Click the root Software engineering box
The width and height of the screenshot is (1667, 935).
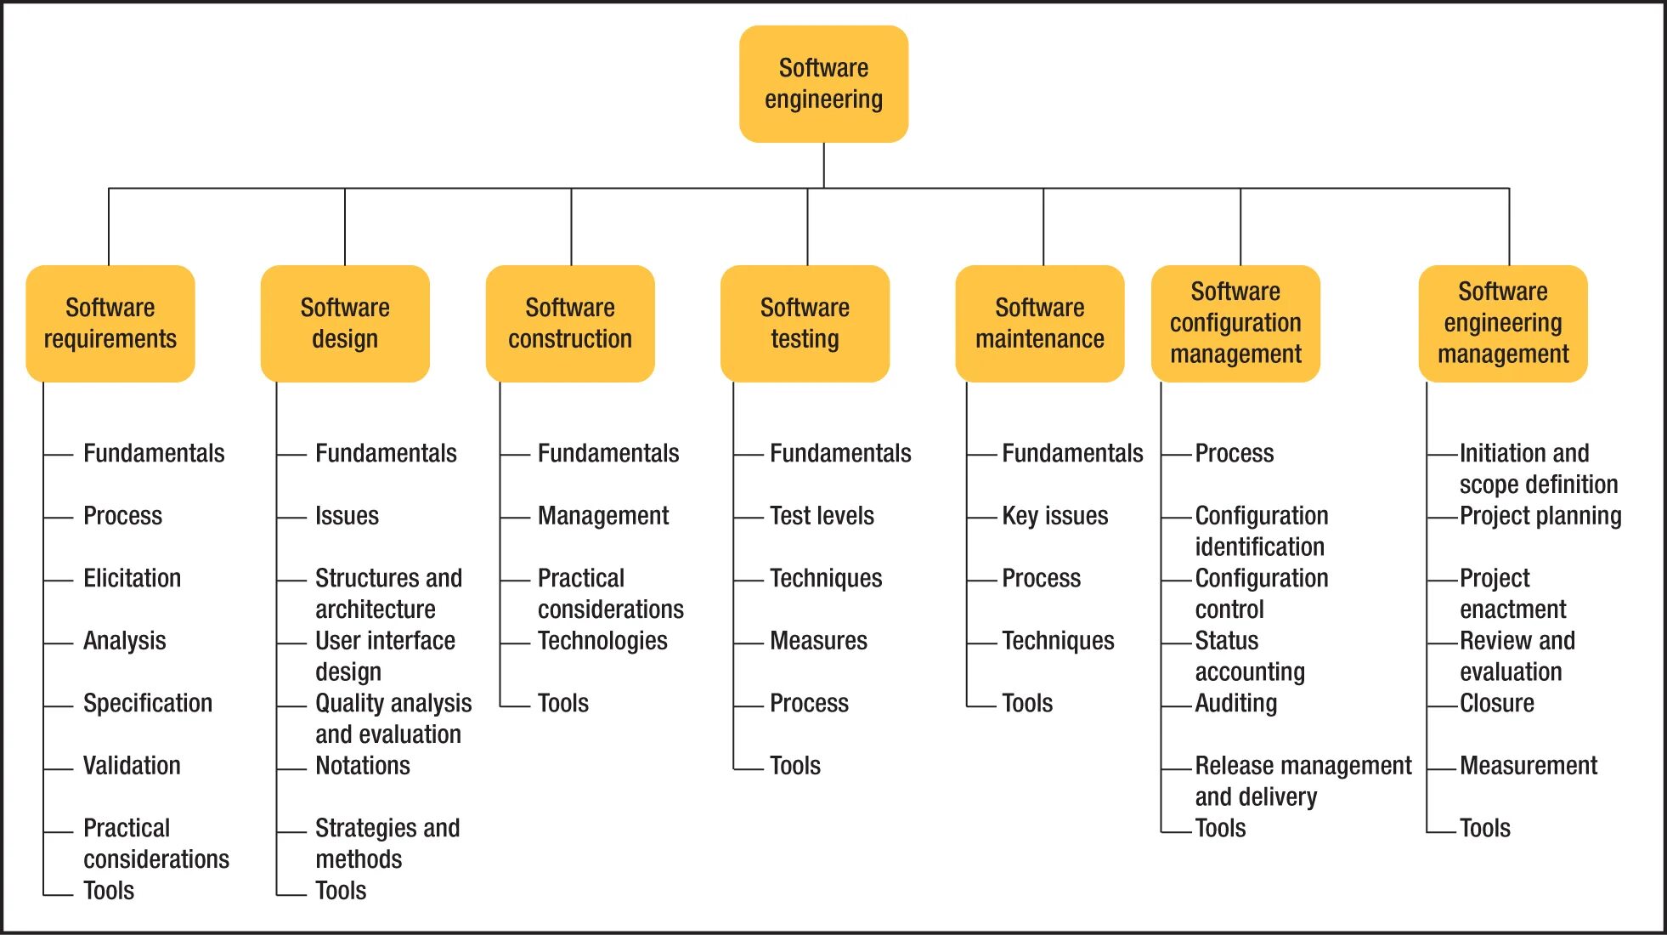[x=823, y=83]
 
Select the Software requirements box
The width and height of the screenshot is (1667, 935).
[x=110, y=323]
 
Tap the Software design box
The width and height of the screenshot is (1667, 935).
[x=345, y=323]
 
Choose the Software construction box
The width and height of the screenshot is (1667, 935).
[x=570, y=323]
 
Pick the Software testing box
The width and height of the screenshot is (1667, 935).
[x=805, y=323]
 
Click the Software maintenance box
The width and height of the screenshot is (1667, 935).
[x=1040, y=323]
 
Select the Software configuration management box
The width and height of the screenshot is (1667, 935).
[x=1235, y=323]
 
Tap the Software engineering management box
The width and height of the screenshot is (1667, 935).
[x=1503, y=323]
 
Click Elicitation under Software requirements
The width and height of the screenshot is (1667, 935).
[x=132, y=578]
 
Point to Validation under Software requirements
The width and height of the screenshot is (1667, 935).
[x=132, y=766]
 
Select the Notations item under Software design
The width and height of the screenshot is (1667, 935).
[x=362, y=766]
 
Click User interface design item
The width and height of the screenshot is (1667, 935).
[x=385, y=655]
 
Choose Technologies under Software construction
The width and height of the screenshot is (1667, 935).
[x=602, y=641]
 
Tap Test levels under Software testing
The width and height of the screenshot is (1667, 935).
[x=822, y=516]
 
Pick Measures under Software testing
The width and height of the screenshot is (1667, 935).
[x=818, y=641]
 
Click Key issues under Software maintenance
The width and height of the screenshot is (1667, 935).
[x=1054, y=516]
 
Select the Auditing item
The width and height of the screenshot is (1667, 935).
[x=1235, y=704]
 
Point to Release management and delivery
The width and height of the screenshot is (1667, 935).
[x=1303, y=780]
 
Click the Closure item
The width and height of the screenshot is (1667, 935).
[x=1496, y=704]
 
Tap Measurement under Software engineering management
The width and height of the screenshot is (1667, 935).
[x=1528, y=766]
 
